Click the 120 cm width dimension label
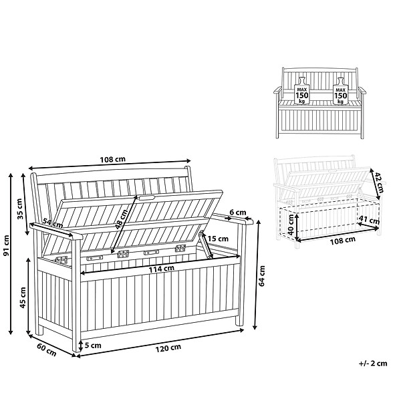(168, 348)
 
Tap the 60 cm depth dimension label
(47, 350)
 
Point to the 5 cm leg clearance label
(93, 346)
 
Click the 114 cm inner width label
(162, 269)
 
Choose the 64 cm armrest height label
(262, 276)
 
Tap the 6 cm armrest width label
(237, 213)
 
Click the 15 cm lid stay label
(218, 239)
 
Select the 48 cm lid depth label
(122, 219)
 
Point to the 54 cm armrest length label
(53, 223)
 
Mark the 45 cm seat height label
(23, 297)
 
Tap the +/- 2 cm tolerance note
(373, 364)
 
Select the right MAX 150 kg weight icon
(341, 91)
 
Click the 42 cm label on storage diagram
(380, 182)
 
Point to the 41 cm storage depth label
(369, 220)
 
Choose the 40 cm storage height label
(291, 225)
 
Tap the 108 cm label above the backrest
(113, 159)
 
